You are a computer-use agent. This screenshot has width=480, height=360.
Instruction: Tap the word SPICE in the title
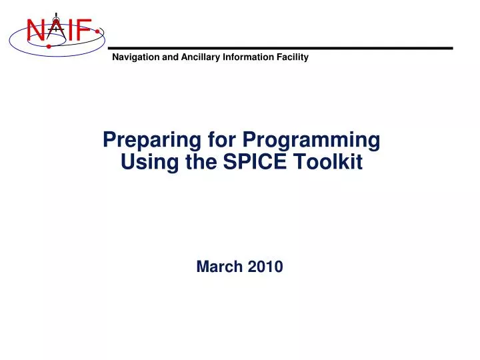[255, 161]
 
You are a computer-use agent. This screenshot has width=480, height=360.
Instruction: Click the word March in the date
[221, 267]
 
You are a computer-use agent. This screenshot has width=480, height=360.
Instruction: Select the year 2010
[266, 267]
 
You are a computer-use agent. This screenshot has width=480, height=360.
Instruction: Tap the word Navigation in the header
[136, 57]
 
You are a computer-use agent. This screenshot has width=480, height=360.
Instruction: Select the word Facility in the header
[293, 57]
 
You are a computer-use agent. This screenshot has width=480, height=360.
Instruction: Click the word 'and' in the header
[171, 57]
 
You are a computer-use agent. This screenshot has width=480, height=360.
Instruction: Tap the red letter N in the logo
[36, 30]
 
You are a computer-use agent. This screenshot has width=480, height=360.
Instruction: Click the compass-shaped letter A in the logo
[55, 27]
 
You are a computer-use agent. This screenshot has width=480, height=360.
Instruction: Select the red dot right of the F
[98, 31]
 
